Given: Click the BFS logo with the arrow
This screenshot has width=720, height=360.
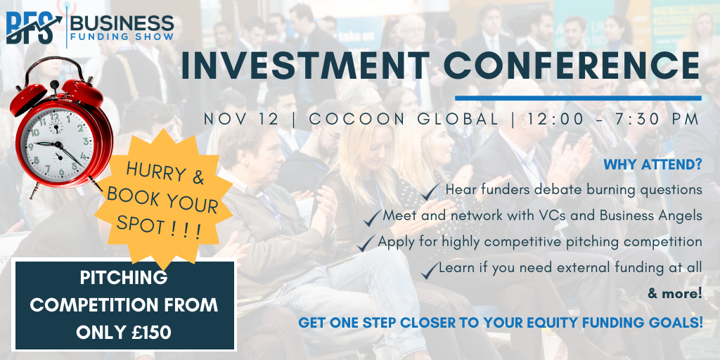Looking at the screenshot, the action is click(x=34, y=28).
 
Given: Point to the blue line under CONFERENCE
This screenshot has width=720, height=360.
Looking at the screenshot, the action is click(x=578, y=98).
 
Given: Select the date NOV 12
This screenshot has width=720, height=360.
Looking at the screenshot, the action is click(x=242, y=119).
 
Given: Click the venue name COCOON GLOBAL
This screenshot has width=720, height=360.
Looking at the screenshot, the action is click(x=404, y=119).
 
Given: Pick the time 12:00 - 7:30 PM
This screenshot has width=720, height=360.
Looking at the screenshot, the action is click(x=613, y=119).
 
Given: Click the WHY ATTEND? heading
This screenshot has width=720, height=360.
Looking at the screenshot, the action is click(x=652, y=165).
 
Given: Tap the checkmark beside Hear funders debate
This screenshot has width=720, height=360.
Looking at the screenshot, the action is click(x=431, y=191).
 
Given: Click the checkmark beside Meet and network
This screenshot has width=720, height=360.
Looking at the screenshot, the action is click(x=373, y=217).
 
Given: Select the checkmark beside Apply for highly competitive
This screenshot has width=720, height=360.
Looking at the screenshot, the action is click(x=366, y=243).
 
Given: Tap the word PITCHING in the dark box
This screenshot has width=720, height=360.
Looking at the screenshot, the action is click(x=124, y=277).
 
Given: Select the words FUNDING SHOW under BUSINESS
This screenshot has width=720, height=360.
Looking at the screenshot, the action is click(x=122, y=37).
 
